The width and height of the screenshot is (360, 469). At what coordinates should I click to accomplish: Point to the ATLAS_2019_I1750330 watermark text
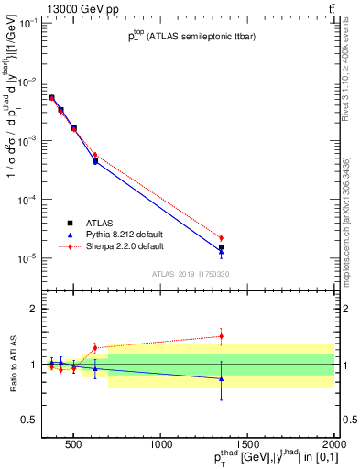click(191, 274)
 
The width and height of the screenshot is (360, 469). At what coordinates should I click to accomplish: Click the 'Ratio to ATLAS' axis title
click(12, 365)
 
